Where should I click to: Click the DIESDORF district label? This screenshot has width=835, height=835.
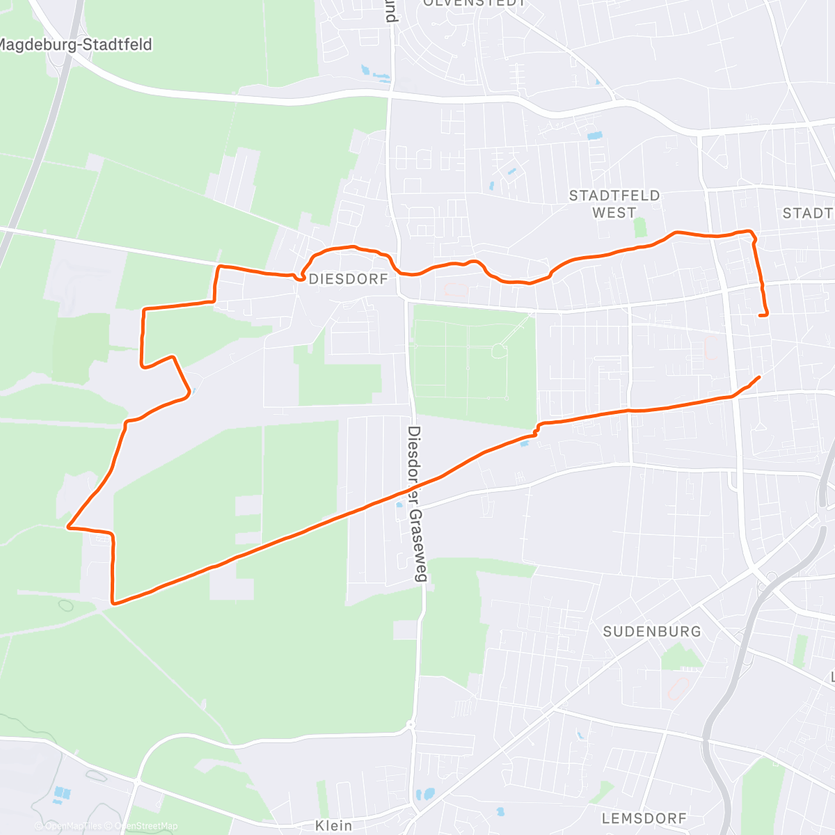coord(348,279)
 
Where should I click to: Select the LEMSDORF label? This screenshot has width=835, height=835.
coord(644,818)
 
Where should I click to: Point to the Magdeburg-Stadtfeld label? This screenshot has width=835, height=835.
coord(75,45)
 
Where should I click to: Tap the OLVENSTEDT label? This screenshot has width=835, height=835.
coord(475,3)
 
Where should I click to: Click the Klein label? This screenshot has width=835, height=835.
coord(333,825)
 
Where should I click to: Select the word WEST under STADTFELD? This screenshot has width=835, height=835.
coord(614,213)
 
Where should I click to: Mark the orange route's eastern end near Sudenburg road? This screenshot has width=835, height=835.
coord(758,376)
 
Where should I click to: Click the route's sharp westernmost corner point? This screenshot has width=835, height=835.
coord(68,527)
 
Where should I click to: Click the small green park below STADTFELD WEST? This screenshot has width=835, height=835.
coord(640,228)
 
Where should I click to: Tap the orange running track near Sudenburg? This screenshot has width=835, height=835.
coord(675,689)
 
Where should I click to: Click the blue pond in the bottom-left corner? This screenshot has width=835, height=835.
coord(61,793)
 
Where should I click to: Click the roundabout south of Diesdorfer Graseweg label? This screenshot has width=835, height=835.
coord(411,726)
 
